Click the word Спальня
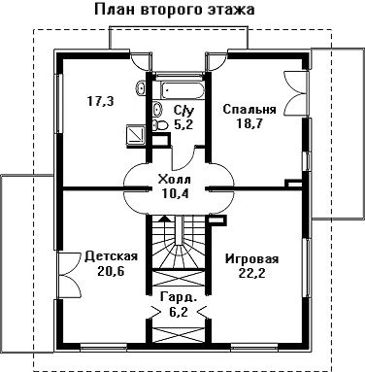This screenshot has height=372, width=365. (249, 110)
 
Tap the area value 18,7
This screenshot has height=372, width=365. (249, 123)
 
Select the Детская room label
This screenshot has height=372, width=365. (111, 256)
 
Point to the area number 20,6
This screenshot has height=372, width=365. (111, 271)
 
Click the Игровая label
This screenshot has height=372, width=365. (252, 259)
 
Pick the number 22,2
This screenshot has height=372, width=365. (252, 274)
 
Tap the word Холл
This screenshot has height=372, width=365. (175, 180)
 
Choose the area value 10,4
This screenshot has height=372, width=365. (175, 193)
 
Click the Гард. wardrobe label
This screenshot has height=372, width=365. (179, 297)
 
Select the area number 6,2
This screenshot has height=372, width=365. (179, 312)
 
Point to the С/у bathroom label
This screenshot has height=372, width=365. (184, 111)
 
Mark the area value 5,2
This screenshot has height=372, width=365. (183, 124)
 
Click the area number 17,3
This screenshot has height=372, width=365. (101, 102)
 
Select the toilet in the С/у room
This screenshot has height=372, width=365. (159, 125)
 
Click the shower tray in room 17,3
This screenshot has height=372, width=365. (136, 134)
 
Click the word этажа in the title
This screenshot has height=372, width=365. (230, 10)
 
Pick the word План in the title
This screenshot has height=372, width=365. (116, 9)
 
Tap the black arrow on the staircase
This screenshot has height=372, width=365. (166, 219)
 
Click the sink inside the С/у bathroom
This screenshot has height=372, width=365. (157, 109)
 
